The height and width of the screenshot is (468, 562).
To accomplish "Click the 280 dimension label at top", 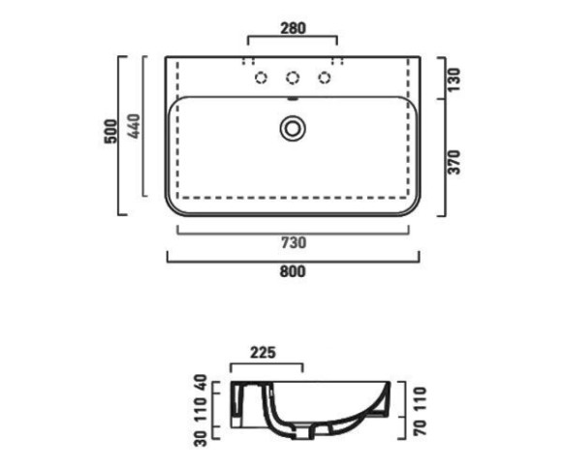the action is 293,28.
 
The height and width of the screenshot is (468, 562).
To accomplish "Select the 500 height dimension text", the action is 110,131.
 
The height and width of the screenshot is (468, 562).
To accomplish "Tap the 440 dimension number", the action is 134,126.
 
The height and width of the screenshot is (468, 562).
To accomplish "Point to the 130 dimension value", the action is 453,79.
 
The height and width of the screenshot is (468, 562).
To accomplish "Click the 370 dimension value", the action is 453,163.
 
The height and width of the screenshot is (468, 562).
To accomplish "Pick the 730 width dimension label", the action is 294,243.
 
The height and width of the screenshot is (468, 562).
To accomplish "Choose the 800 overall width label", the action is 293,271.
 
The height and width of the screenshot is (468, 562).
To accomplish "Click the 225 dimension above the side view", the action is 264,353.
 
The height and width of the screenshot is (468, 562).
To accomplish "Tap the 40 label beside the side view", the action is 201,383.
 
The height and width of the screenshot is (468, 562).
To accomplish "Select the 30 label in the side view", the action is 201,439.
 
